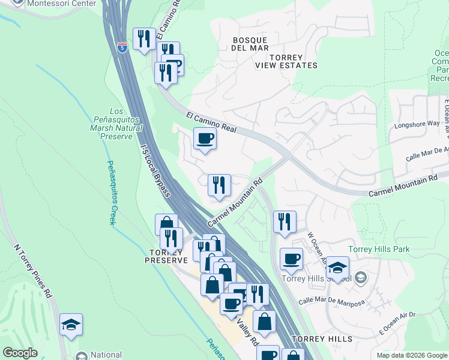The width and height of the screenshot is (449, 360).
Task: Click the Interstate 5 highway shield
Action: pyautogui.click(x=122, y=47)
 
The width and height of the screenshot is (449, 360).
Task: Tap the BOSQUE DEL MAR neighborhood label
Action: pyautogui.click(x=250, y=43)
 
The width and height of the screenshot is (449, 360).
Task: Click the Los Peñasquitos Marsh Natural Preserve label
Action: pyautogui.click(x=118, y=124)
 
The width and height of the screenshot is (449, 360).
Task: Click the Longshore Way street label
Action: pyautogui.click(x=417, y=124)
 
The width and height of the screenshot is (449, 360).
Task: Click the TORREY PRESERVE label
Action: pyautogui.click(x=166, y=256)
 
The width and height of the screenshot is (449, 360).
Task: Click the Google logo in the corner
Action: pyautogui.click(x=20, y=353)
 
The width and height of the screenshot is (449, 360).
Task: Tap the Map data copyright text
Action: pyautogui.click(x=412, y=355)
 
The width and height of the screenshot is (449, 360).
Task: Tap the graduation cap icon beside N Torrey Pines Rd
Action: pyautogui.click(x=71, y=325)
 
